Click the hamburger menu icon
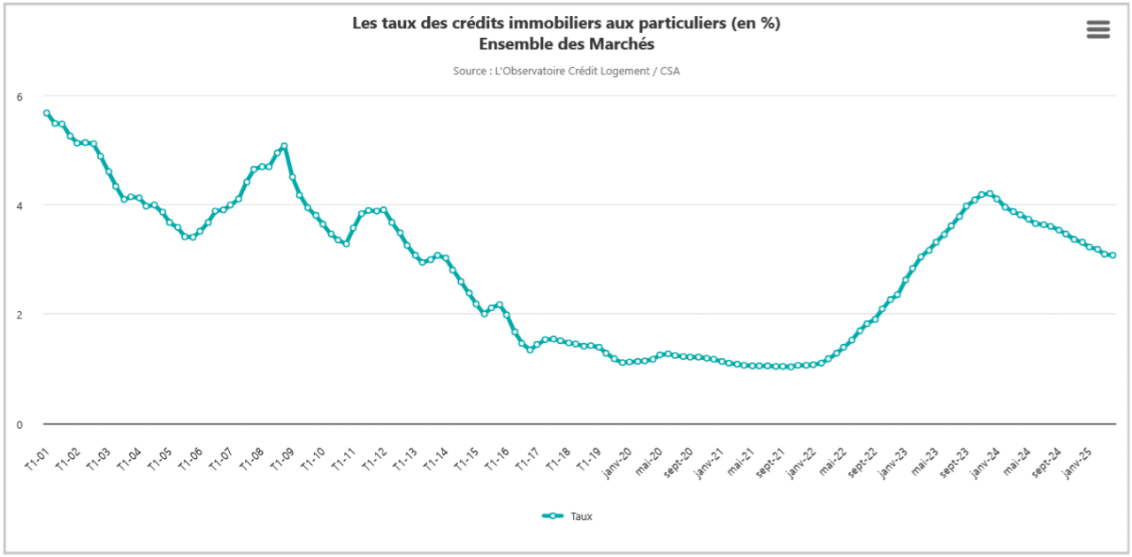[1098, 29]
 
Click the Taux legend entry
[568, 516]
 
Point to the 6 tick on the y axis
[19, 95]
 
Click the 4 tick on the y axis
[19, 205]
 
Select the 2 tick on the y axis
[19, 315]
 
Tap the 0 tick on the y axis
[19, 424]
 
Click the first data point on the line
[47, 113]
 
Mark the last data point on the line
[1113, 256]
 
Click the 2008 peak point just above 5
[284, 147]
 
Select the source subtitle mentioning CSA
[566, 71]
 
